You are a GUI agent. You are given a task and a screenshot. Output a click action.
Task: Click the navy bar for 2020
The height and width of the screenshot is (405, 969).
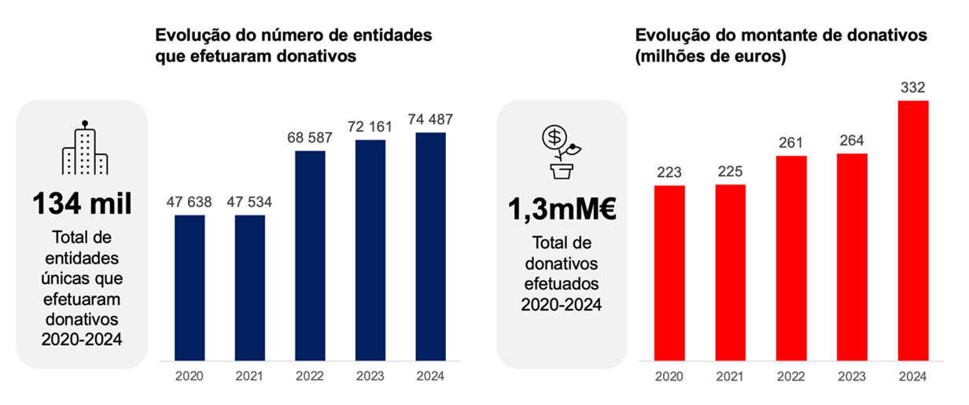(190, 287)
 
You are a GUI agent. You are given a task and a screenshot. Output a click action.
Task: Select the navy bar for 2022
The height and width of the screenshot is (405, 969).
(310, 255)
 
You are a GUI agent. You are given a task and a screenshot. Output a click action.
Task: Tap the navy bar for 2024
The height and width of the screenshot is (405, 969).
(430, 246)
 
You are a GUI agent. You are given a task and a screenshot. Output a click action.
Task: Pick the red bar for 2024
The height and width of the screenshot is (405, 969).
(913, 230)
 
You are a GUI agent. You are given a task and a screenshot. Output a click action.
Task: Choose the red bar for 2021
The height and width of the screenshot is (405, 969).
(731, 273)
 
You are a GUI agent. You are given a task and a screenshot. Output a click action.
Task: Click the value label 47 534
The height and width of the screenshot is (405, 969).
(249, 202)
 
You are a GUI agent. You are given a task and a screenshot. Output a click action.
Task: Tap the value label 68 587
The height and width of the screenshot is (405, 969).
(310, 138)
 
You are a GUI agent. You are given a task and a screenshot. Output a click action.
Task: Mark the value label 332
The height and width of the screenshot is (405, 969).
(913, 88)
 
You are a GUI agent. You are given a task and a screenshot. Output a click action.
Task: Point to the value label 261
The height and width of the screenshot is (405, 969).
(791, 143)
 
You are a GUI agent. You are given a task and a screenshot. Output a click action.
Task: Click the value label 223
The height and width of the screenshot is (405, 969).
(670, 173)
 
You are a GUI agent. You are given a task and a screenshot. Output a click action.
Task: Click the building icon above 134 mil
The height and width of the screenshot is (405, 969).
(85, 149)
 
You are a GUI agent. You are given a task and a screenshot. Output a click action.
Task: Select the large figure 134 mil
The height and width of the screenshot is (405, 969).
(82, 204)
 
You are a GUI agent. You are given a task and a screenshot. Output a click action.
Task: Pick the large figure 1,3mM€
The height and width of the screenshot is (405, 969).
(562, 212)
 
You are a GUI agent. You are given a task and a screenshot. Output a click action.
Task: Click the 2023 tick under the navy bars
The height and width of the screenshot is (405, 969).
(370, 377)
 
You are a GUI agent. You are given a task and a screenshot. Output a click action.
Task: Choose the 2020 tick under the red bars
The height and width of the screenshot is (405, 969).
(670, 377)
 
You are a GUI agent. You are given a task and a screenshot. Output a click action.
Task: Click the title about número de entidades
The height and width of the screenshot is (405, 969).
(293, 46)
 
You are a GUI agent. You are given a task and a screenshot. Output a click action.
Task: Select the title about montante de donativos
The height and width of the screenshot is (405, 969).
(781, 46)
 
